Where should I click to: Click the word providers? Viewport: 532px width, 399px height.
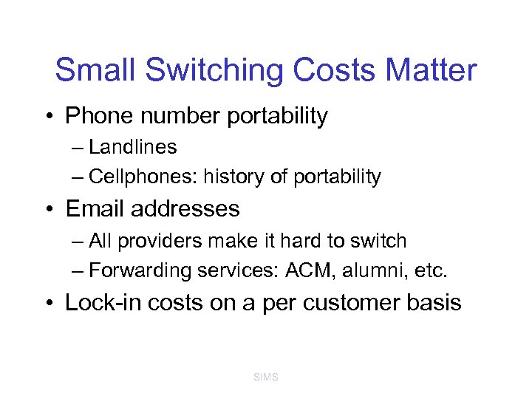coord(149,241)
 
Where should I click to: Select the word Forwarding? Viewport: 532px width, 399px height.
coord(140,271)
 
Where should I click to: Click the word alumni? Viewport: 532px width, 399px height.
coord(376,271)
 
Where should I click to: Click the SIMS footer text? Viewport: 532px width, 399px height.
coord(265,377)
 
